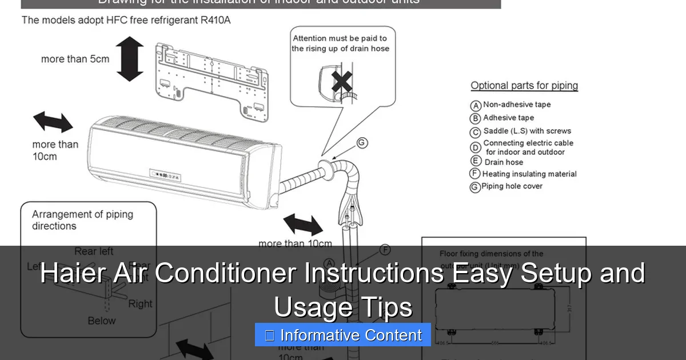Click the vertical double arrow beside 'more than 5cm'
[x=130, y=59]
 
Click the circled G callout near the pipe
[x=362, y=143]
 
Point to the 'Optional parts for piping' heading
[x=524, y=86]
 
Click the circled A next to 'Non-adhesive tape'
[x=475, y=106]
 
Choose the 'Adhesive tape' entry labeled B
[x=508, y=118]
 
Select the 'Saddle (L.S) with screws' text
[x=527, y=131]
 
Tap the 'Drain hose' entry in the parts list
[x=504, y=162]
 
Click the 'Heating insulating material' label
[x=529, y=174]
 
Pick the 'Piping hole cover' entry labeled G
[x=512, y=186]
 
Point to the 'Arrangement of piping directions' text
[x=82, y=220]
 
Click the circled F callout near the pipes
[x=385, y=250]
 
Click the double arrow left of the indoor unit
[x=53, y=122]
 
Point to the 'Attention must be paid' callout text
[x=340, y=43]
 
